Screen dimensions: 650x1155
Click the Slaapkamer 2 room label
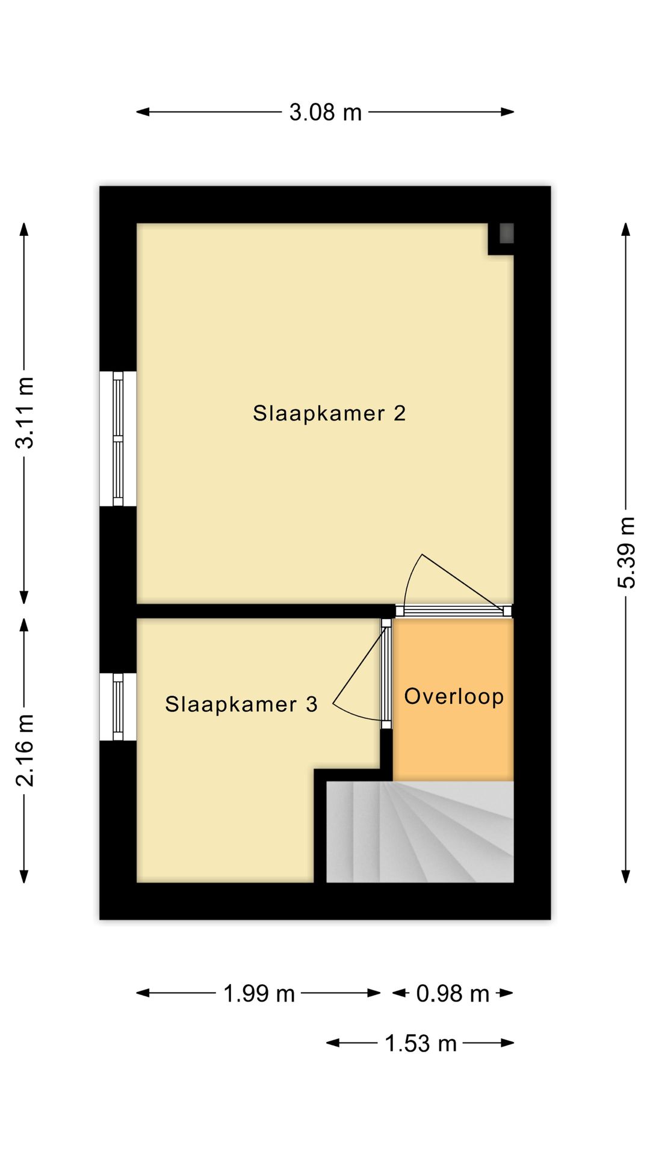click(x=329, y=413)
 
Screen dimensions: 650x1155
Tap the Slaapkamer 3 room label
click(x=241, y=704)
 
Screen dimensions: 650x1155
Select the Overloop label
click(x=454, y=696)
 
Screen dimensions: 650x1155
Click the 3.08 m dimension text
click(x=326, y=112)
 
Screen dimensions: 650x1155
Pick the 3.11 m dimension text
click(x=25, y=413)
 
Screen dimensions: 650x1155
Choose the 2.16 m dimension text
click(x=25, y=751)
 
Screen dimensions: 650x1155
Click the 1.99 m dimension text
click(x=259, y=993)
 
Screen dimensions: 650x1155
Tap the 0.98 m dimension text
click(x=453, y=993)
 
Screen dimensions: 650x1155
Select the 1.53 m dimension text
click(x=421, y=1043)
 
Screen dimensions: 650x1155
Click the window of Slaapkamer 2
click(x=118, y=439)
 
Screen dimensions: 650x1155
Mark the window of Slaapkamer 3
click(x=118, y=707)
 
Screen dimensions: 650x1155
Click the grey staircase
click(x=420, y=832)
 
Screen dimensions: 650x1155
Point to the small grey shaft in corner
click(x=506, y=233)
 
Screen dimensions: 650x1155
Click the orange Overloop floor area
click(x=453, y=700)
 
